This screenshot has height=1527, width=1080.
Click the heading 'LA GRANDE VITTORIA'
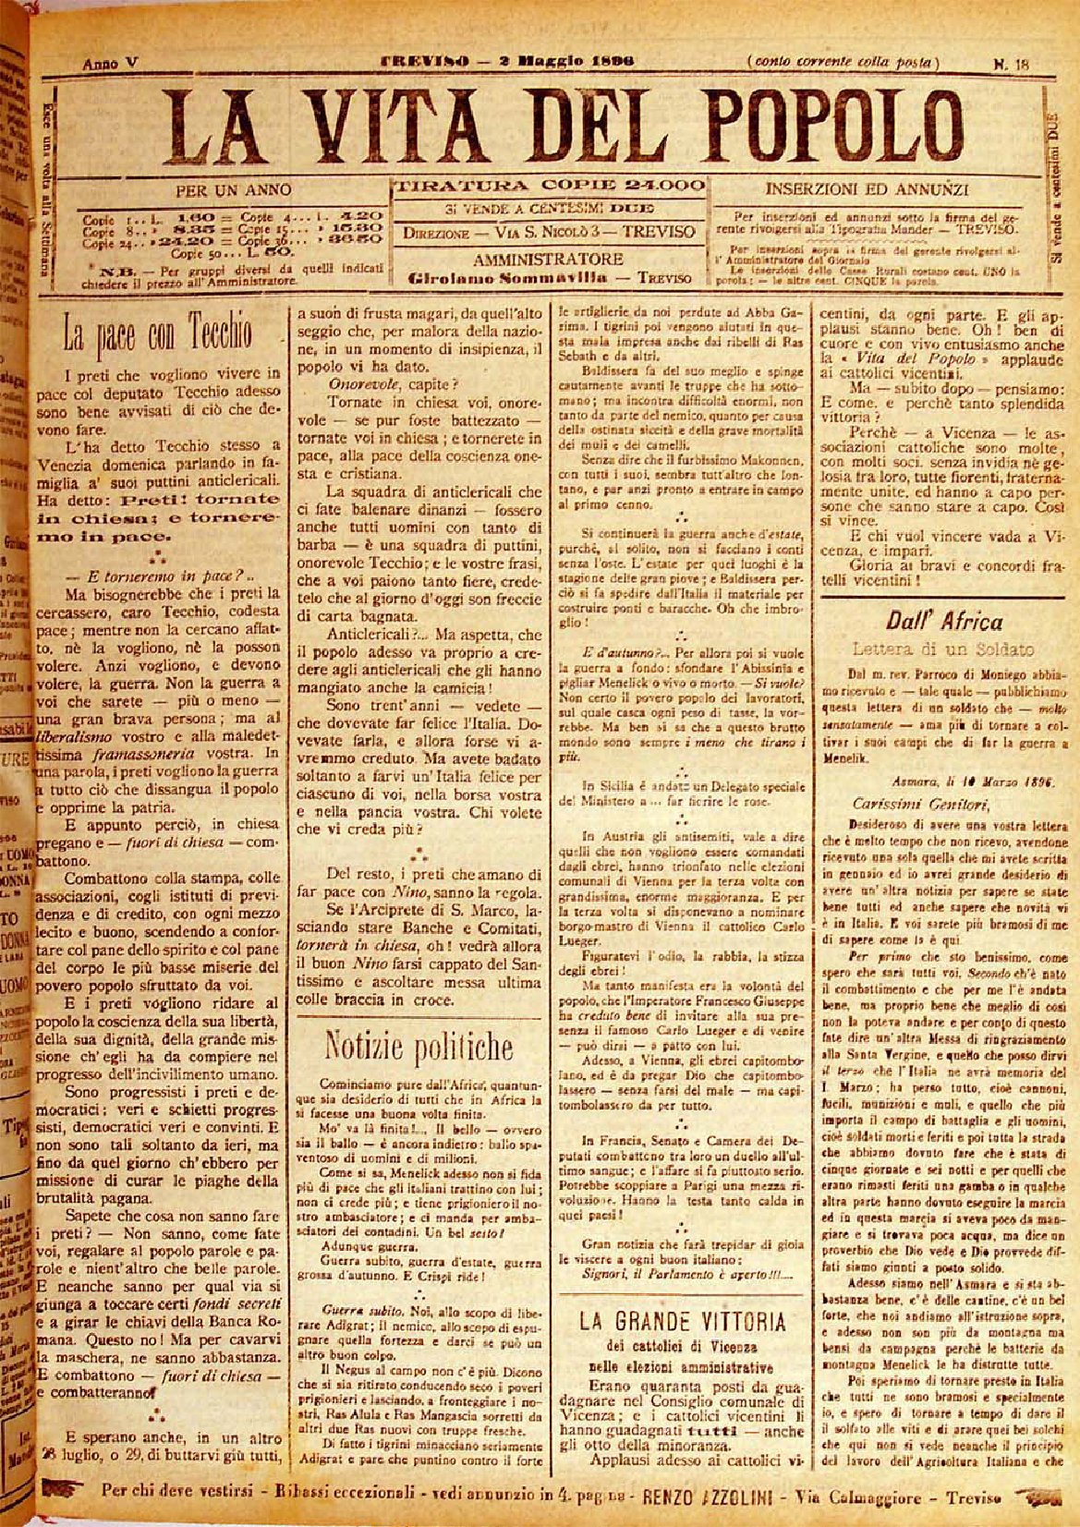click(683, 1320)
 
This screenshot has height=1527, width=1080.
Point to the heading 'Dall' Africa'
click(944, 621)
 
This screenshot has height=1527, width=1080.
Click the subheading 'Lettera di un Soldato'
click(943, 649)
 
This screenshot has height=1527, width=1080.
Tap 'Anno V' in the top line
click(110, 64)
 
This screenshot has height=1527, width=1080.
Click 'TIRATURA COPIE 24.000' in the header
click(549, 186)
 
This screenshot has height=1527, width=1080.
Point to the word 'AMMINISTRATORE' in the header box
click(549, 259)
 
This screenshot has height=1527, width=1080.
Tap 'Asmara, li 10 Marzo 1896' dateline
click(972, 780)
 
